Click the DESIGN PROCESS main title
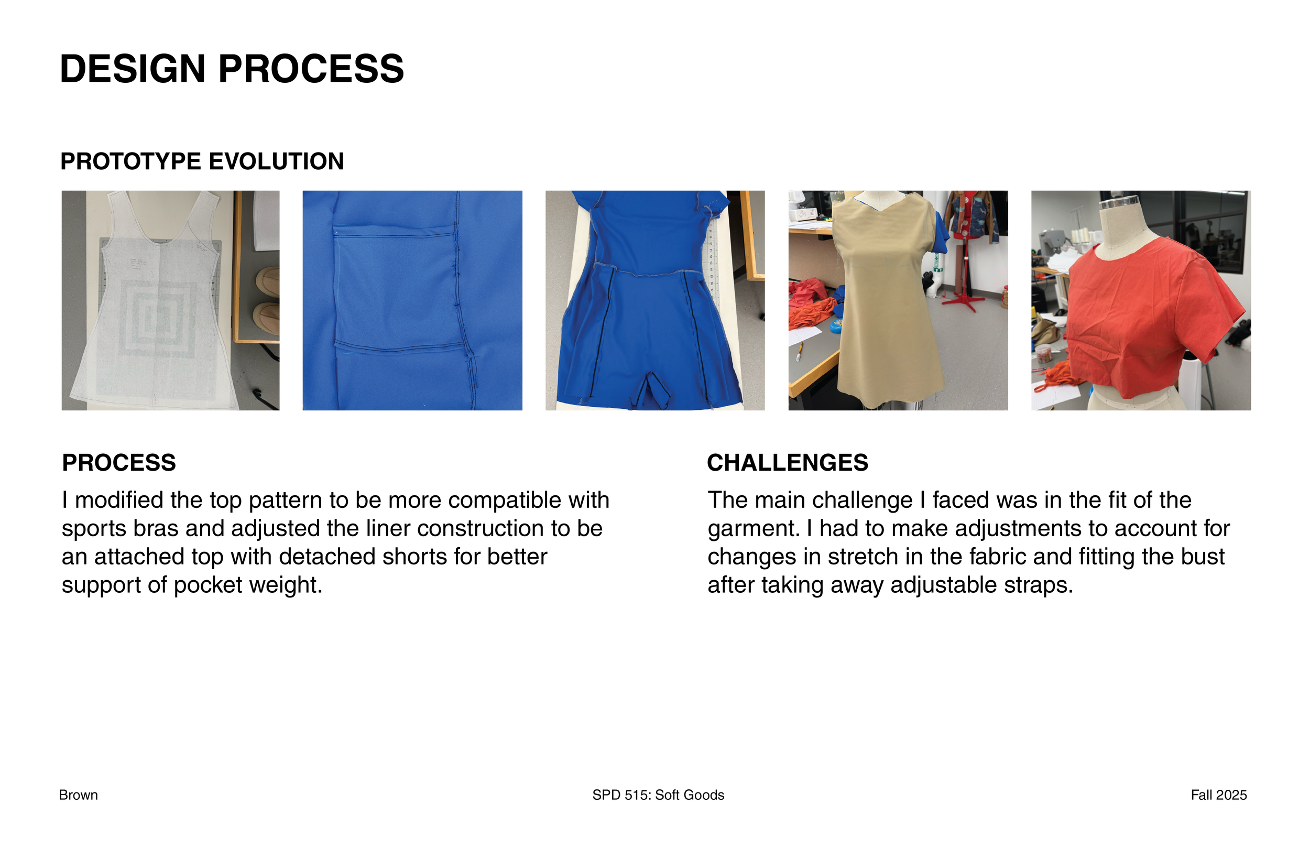[232, 69]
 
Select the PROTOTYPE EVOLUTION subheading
[202, 161]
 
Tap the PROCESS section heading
[119, 463]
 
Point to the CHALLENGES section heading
[787, 463]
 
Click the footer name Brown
[78, 795]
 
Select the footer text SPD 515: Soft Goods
[658, 795]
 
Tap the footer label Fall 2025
[1219, 795]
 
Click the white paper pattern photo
[170, 300]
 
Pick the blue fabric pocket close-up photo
[412, 300]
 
